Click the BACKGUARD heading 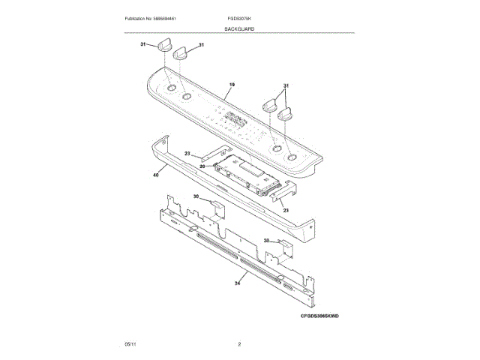[x=239, y=28]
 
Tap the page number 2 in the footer [x=238, y=343]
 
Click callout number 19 [x=232, y=85]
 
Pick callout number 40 [x=156, y=175]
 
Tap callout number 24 [x=237, y=283]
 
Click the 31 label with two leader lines [x=286, y=86]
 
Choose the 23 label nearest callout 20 [x=188, y=154]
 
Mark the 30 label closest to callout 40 [x=196, y=196]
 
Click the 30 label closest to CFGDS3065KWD [x=267, y=241]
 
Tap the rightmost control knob [x=285, y=115]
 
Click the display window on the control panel [x=235, y=118]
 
